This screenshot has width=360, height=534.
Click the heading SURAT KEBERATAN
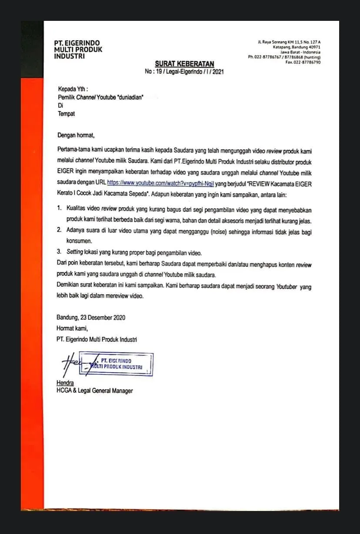point(184,64)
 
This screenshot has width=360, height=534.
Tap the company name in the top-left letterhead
point(77,49)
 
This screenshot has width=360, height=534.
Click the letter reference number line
point(184,71)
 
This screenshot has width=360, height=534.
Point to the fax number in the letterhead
point(303,62)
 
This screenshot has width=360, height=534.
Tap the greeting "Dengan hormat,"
point(76,135)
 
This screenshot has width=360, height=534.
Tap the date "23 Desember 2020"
point(100,318)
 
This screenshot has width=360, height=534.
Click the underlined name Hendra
point(65,383)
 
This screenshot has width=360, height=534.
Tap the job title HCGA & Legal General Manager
point(94,391)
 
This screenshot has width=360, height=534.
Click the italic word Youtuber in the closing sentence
point(288,287)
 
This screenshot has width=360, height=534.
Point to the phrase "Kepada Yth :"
point(73,90)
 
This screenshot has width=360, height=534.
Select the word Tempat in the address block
point(66,114)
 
